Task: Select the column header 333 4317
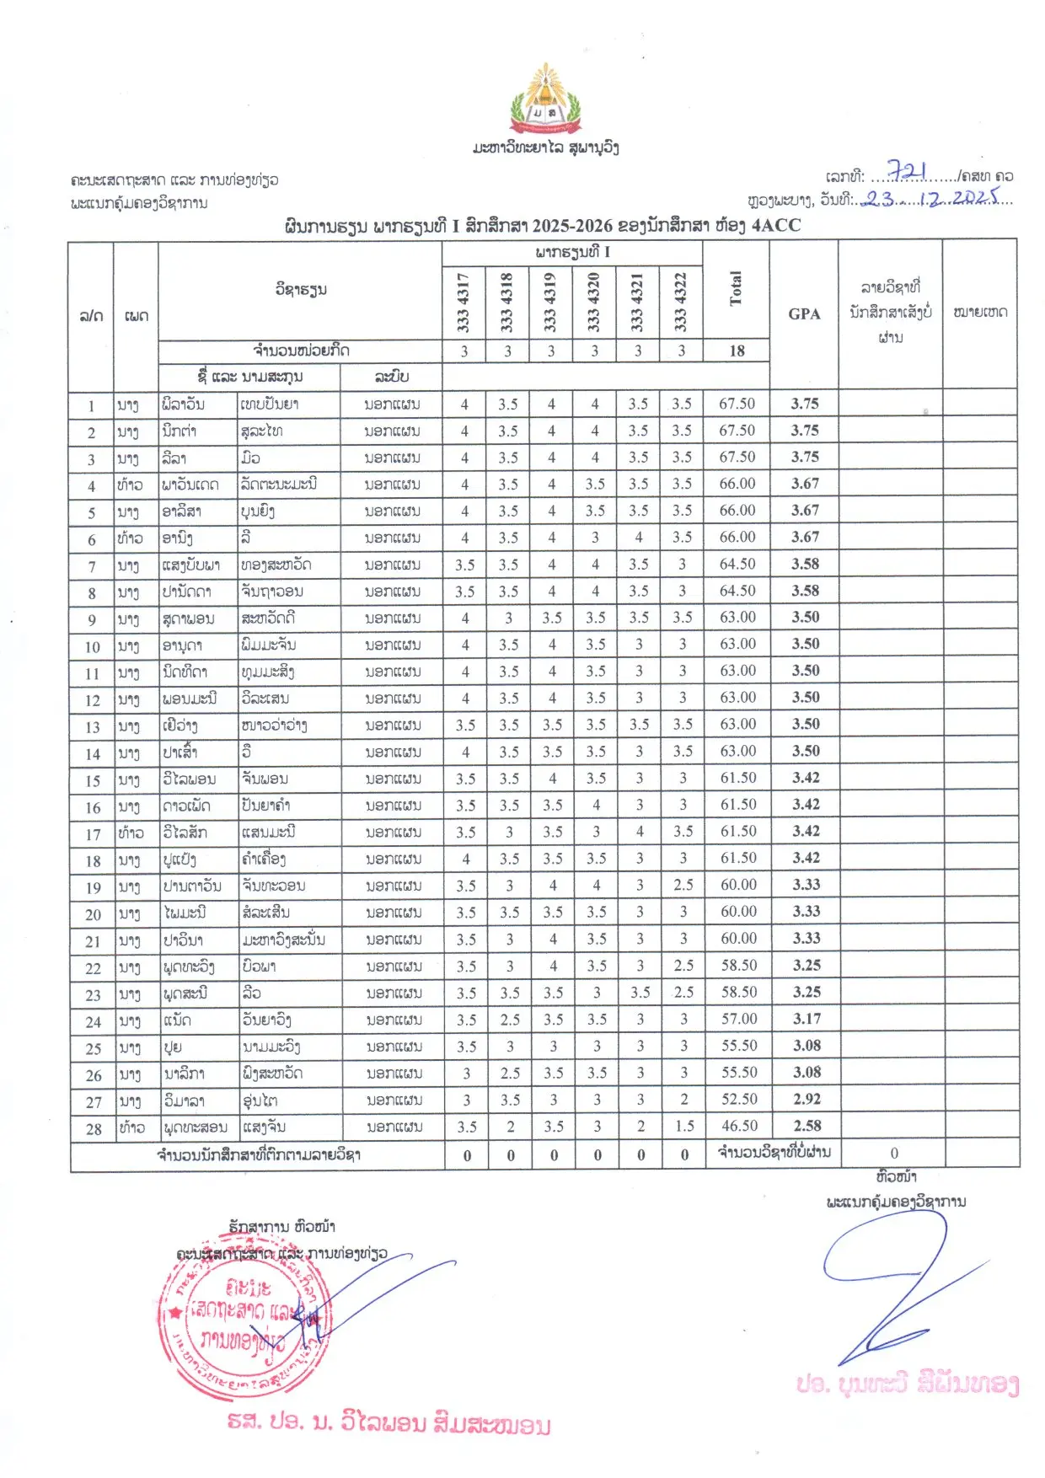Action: pos(463,303)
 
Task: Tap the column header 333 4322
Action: pos(680,303)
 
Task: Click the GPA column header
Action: pos(804,313)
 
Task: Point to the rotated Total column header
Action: pos(736,289)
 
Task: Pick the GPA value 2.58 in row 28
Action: pos(807,1126)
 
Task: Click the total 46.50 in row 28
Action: pos(739,1126)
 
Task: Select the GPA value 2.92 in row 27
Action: pos(807,1099)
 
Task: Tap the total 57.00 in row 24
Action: pos(739,1019)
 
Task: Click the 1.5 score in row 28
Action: pos(684,1126)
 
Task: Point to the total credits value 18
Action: pos(737,351)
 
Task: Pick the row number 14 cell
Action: pos(93,753)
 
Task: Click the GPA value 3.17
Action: pos(807,1019)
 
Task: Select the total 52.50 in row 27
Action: pos(739,1099)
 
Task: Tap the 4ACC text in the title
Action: pos(776,225)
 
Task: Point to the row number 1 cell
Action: pos(91,405)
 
